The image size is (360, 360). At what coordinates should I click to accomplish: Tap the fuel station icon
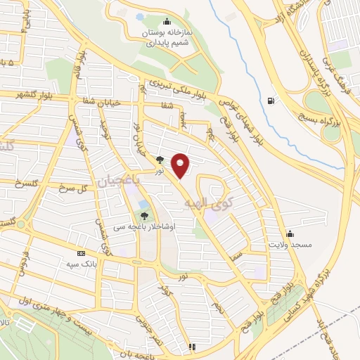271,99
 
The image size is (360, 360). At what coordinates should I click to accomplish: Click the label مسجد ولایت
288,245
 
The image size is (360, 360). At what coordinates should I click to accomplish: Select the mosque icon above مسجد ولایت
290,234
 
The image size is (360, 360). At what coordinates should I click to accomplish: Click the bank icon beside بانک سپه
80,252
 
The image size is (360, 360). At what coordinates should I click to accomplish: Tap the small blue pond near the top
139,34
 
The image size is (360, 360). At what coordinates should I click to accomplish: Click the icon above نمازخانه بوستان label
166,21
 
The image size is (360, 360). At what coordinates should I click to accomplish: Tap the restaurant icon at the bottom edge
191,347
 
